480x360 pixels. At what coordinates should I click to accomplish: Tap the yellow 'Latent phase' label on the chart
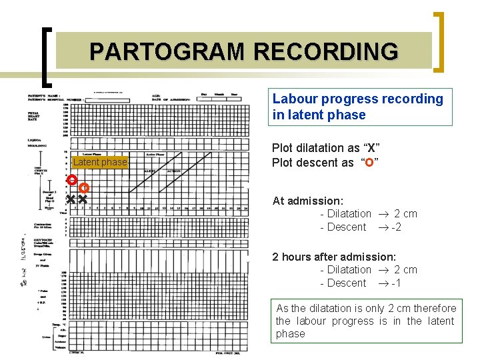99,163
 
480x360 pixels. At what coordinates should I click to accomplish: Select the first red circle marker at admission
71,180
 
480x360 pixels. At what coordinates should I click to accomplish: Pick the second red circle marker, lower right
84,188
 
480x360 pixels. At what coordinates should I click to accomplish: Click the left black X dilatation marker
70,199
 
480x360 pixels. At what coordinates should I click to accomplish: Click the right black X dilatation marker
83,199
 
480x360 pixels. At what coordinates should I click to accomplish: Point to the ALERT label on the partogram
151,171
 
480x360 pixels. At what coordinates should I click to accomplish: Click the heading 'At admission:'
308,201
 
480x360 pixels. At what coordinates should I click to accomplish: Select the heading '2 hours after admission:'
334,257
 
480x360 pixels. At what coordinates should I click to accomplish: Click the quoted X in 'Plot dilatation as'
369,147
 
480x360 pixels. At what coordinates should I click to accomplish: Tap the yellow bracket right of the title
439,41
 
